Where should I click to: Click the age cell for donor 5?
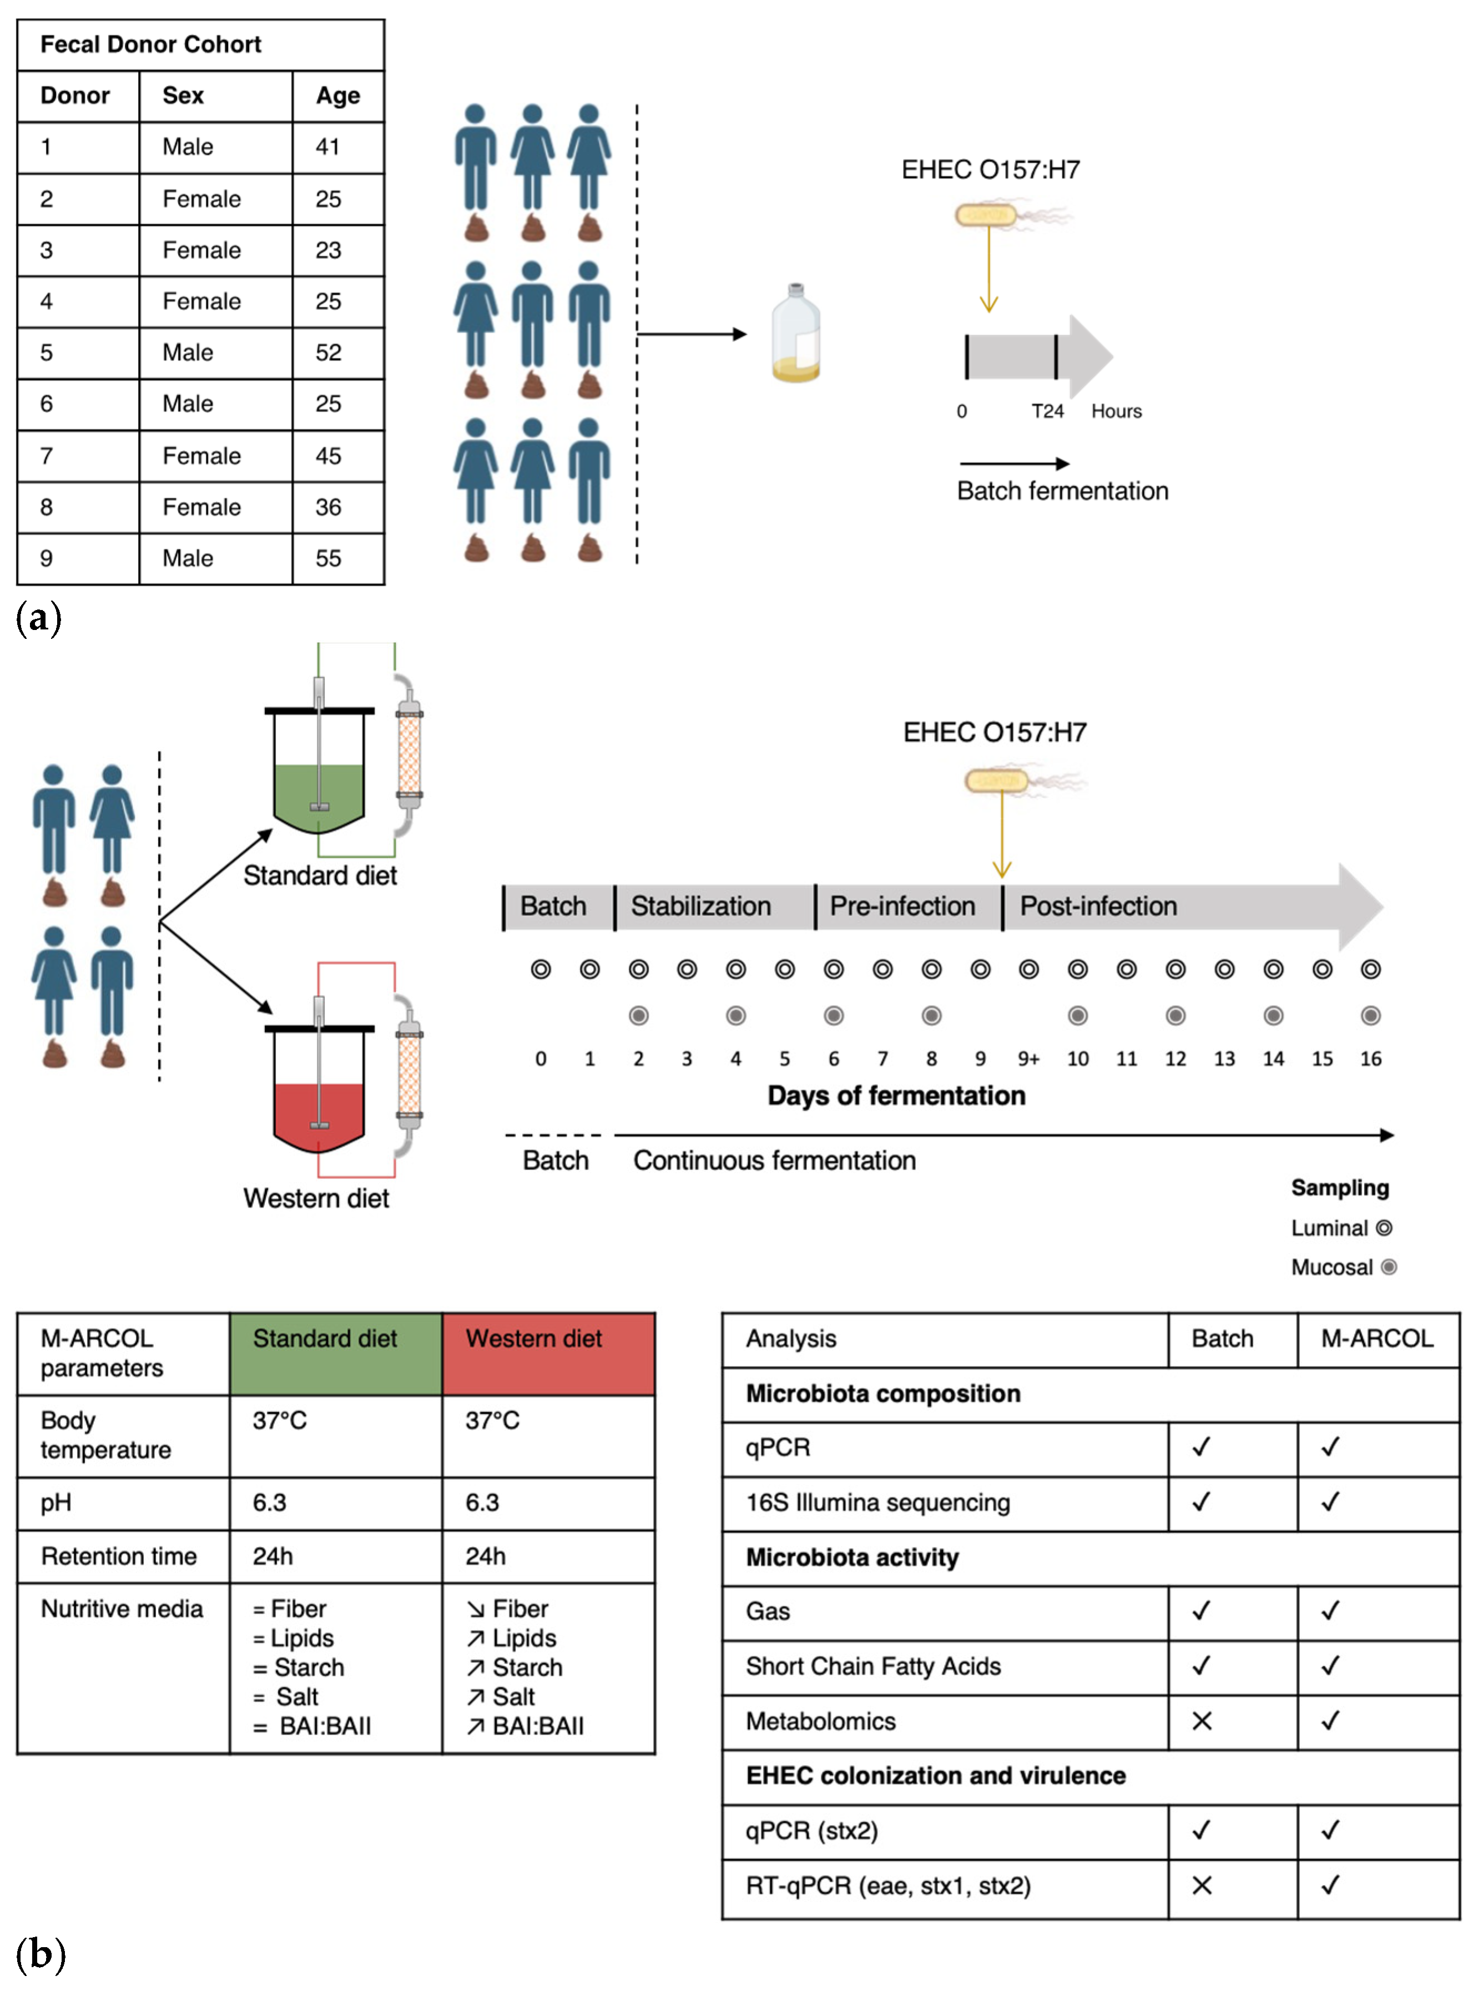tap(328, 352)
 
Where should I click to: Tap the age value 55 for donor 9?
tap(328, 558)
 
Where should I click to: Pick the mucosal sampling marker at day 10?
tap(1077, 1016)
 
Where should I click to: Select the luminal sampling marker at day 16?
tap(1370, 969)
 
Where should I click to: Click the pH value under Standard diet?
tap(269, 1503)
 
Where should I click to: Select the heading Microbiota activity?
tap(851, 1557)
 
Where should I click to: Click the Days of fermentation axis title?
tap(896, 1095)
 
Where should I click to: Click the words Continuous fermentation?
tap(774, 1160)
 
